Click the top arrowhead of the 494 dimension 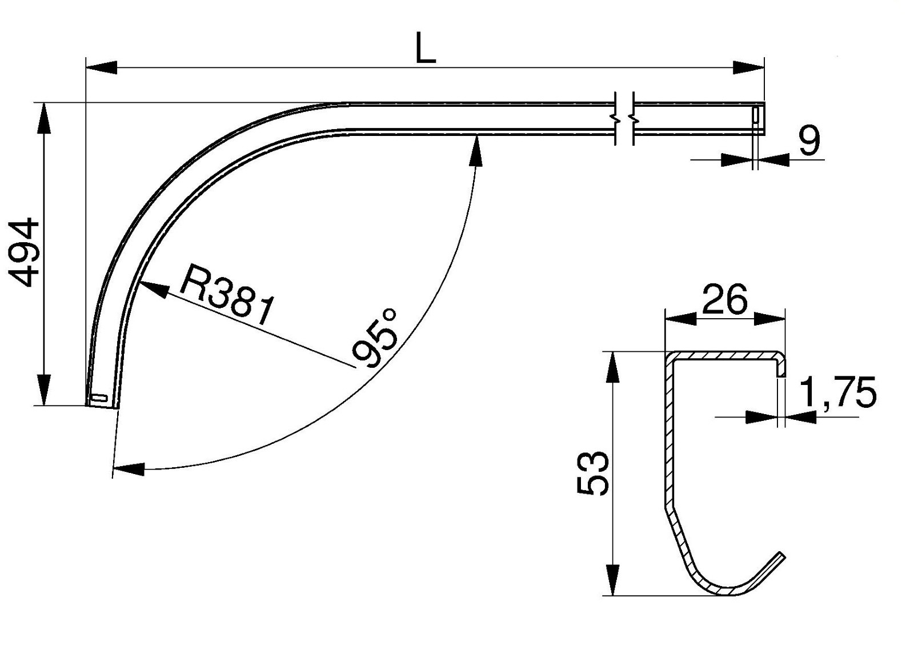[43, 118]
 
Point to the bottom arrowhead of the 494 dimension [43, 390]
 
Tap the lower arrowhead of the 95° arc [129, 470]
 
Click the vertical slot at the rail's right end [755, 115]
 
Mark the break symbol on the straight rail [624, 118]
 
